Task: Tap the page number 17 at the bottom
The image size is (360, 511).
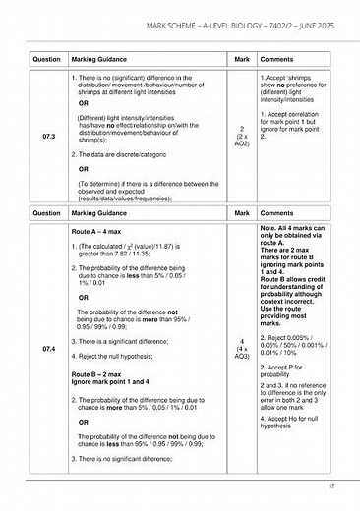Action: (330, 485)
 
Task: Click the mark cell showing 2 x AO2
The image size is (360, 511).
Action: (242, 136)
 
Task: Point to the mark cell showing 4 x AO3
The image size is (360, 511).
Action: (242, 349)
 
